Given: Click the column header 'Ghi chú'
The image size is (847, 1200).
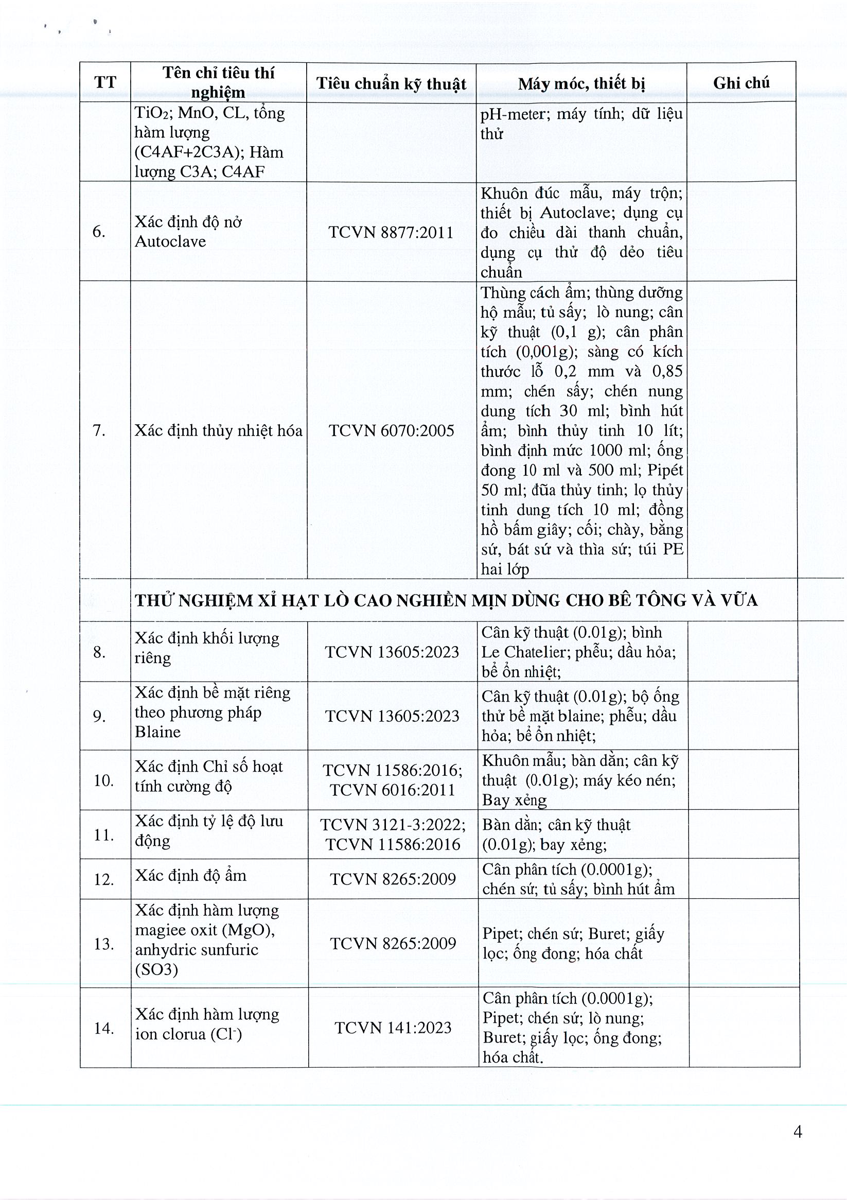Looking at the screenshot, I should point(741,82).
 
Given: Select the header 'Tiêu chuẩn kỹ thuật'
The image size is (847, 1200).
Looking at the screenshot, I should point(391,83).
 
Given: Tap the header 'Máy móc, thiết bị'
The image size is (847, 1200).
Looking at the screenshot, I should point(581,83).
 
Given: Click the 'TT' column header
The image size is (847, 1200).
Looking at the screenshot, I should point(105,82).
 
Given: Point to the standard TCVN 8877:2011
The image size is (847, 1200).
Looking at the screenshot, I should point(391,232).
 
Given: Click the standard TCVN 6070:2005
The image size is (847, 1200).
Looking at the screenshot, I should point(392,431).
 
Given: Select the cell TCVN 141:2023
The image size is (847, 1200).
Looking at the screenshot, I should point(393,1028).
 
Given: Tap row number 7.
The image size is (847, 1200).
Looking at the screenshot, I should point(99,431).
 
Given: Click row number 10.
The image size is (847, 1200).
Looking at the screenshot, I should point(103,781).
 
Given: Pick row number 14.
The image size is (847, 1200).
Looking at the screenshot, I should point(103,1029).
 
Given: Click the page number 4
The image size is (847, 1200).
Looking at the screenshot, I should point(798,1132).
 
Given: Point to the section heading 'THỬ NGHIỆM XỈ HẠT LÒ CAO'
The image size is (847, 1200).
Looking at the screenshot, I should point(446,601).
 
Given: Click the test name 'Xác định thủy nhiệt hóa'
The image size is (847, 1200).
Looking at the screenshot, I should point(218,431).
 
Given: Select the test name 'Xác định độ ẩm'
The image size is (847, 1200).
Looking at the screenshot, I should point(190,876).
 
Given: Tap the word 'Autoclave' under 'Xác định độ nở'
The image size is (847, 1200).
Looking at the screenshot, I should point(170,241).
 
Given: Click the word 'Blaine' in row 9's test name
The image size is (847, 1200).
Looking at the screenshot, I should point(157,732).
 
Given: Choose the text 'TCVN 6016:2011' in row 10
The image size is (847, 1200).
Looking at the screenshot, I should point(393,790).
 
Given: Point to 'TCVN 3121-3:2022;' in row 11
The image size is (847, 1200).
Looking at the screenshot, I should point(393,825).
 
